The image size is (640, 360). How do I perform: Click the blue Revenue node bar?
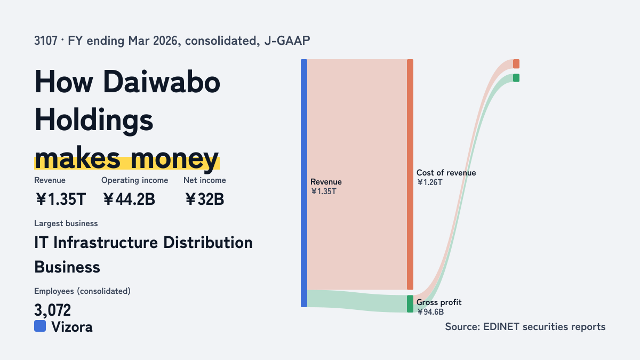[304, 183]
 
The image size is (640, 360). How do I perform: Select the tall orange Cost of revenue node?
[410, 174]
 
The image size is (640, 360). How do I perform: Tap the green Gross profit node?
[410, 303]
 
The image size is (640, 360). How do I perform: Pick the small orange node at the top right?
[516, 63]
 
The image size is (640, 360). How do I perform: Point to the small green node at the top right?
[516, 78]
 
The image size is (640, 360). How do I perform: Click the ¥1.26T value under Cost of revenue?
[429, 182]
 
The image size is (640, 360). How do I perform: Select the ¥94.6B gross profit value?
[430, 311]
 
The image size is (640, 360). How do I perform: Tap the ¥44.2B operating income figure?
[129, 199]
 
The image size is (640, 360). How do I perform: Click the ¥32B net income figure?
[205, 199]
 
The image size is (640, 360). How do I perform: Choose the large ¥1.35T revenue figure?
[61, 199]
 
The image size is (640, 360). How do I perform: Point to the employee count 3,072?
[52, 310]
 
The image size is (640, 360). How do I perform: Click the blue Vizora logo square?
[40, 326]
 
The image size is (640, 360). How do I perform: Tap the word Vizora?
[72, 327]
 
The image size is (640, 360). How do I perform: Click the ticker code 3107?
[46, 41]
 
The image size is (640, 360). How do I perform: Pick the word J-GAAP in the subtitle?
[287, 41]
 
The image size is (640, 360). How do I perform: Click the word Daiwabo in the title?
[162, 82]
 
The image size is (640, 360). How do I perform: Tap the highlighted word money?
[174, 159]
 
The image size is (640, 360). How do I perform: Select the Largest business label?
[66, 223]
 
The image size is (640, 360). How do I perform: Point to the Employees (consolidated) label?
[82, 291]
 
